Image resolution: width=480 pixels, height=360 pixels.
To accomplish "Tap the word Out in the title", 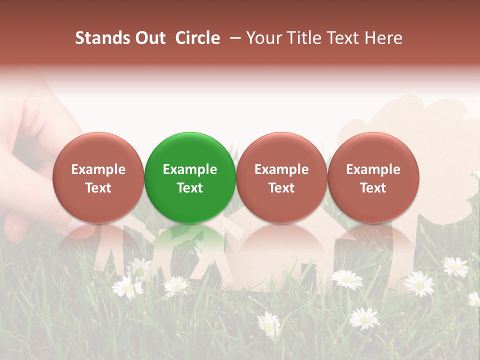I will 149,38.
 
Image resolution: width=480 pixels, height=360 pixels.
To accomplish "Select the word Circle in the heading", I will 197,38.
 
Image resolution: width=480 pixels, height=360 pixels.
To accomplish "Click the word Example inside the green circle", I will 190,169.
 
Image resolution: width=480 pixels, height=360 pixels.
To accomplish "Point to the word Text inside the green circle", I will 190,188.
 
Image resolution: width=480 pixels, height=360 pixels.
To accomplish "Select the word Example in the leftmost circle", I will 98,169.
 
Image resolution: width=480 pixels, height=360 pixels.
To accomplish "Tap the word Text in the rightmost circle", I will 373,188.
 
